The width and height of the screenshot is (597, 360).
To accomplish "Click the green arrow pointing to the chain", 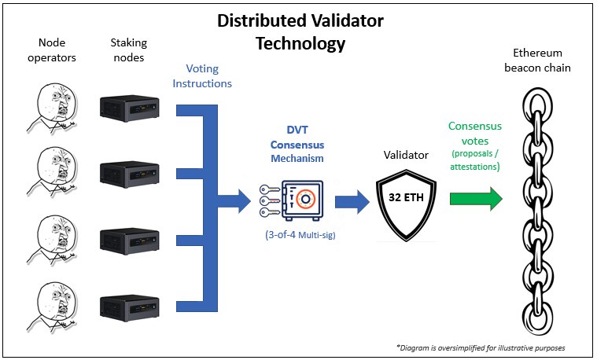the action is tap(476, 199).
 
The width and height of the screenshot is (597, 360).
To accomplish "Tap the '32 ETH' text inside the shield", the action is tap(406, 197).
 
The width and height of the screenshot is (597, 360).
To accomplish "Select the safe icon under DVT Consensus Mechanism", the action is tap(302, 200).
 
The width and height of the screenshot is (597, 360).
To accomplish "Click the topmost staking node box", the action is tap(130, 108).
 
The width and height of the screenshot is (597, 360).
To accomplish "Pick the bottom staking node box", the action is tap(130, 308).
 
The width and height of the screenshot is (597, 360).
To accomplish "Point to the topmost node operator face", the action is tap(53, 108).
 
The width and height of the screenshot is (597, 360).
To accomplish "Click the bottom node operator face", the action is tap(53, 307).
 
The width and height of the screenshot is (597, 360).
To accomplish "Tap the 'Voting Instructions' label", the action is tap(202, 75).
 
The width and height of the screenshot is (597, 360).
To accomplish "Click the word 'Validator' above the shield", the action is tap(406, 155).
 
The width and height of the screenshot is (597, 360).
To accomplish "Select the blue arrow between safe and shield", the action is tap(352, 202).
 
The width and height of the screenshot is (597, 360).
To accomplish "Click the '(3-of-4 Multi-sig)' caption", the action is tap(300, 235).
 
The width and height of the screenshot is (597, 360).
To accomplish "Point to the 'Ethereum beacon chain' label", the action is tap(537, 60).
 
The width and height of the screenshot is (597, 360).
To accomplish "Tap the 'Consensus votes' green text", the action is tap(475, 133).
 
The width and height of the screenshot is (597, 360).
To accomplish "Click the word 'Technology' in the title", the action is tap(300, 43).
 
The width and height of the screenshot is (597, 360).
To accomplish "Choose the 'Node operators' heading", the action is tap(52, 50).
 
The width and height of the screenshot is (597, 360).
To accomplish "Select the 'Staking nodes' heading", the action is tap(129, 50).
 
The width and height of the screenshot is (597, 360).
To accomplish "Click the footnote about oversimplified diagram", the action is tap(481, 347).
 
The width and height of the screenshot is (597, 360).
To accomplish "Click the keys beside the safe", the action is tap(270, 200).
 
